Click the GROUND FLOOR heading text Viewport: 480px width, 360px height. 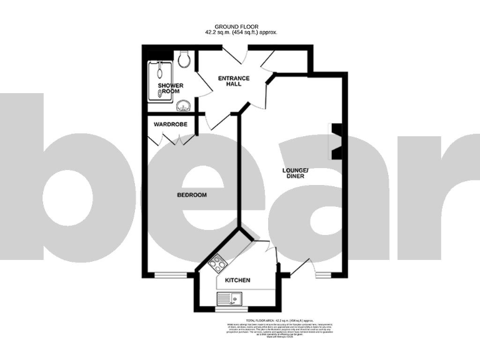tap(240, 26)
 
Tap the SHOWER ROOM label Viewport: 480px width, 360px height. tap(169, 88)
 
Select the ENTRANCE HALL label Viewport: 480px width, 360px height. tap(233, 81)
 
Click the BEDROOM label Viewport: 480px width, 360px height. tap(191, 195)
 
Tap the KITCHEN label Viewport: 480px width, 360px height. tap(237, 280)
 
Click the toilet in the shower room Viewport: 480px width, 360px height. tap(184, 59)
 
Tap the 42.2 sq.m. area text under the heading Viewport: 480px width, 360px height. tap(241, 32)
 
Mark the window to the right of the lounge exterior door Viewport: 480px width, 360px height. tap(324, 274)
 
